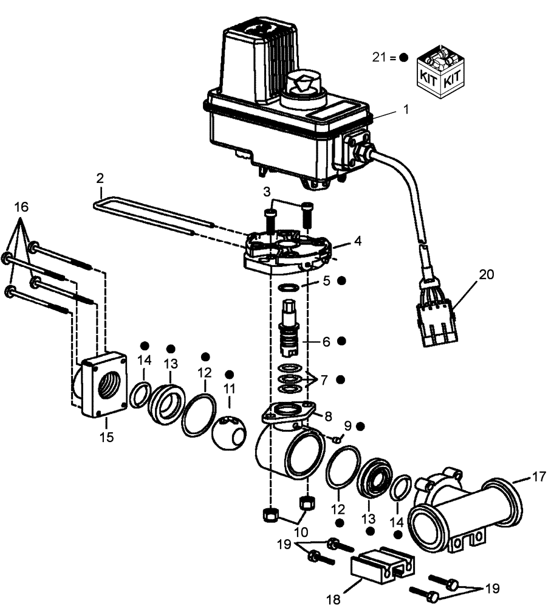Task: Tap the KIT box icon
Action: coord(442,74)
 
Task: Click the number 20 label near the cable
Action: coord(485,274)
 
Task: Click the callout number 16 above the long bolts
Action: coord(21,207)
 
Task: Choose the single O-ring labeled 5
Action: coord(290,286)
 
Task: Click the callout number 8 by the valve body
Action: coord(328,416)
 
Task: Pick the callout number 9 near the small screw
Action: coord(347,425)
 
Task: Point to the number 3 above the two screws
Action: coord(267,192)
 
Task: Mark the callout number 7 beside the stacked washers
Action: coord(324,380)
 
